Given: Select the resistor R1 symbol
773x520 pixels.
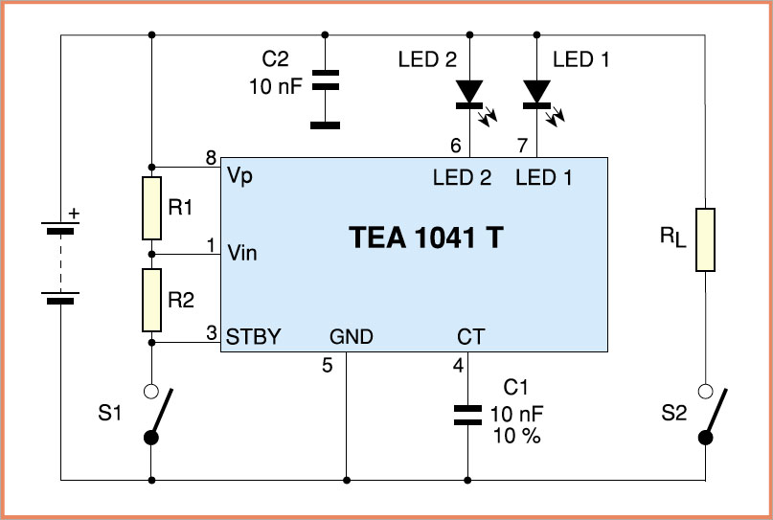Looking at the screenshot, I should coord(152,207).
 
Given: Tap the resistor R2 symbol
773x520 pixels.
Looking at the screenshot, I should coord(152,300).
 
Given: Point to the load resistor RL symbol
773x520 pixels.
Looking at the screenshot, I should coord(705,238).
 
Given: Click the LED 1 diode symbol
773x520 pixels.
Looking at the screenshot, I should coord(537,92).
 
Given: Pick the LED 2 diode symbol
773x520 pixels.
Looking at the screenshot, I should coord(468,92).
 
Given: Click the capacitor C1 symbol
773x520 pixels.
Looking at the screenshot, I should coord(467,414).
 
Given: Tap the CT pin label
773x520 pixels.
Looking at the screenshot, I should coord(471,336).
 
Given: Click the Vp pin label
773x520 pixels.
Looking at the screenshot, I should coord(239,177).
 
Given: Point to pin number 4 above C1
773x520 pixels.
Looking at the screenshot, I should coord(457,365).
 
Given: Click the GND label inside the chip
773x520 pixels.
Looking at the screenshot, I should coord(352,336).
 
